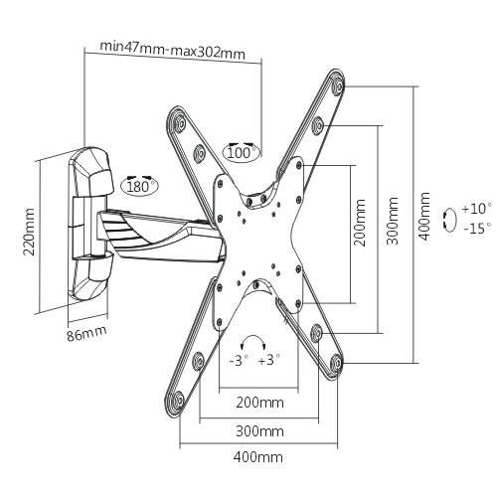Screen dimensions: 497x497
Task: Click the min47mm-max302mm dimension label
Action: (173, 50)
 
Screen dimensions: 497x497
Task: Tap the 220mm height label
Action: (30, 232)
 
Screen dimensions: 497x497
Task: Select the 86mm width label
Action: (86, 334)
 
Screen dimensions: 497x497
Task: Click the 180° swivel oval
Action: (139, 185)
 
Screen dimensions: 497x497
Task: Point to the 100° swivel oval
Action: (243, 152)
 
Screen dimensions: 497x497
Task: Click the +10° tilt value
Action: (476, 209)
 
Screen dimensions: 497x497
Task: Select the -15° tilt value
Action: (477, 229)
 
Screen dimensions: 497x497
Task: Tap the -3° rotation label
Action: (239, 360)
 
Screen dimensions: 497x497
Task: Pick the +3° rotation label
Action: (269, 360)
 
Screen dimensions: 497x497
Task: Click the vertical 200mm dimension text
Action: (360, 223)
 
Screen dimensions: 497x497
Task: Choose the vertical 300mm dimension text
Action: (393, 221)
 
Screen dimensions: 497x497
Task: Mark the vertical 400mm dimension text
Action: (425, 216)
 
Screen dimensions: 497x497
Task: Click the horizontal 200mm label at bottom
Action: (259, 403)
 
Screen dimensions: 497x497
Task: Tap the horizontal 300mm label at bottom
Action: (259, 431)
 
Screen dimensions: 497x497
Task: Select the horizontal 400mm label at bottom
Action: (258, 457)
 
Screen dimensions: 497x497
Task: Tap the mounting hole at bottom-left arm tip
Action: (178, 399)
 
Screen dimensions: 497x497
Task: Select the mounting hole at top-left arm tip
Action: (179, 121)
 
